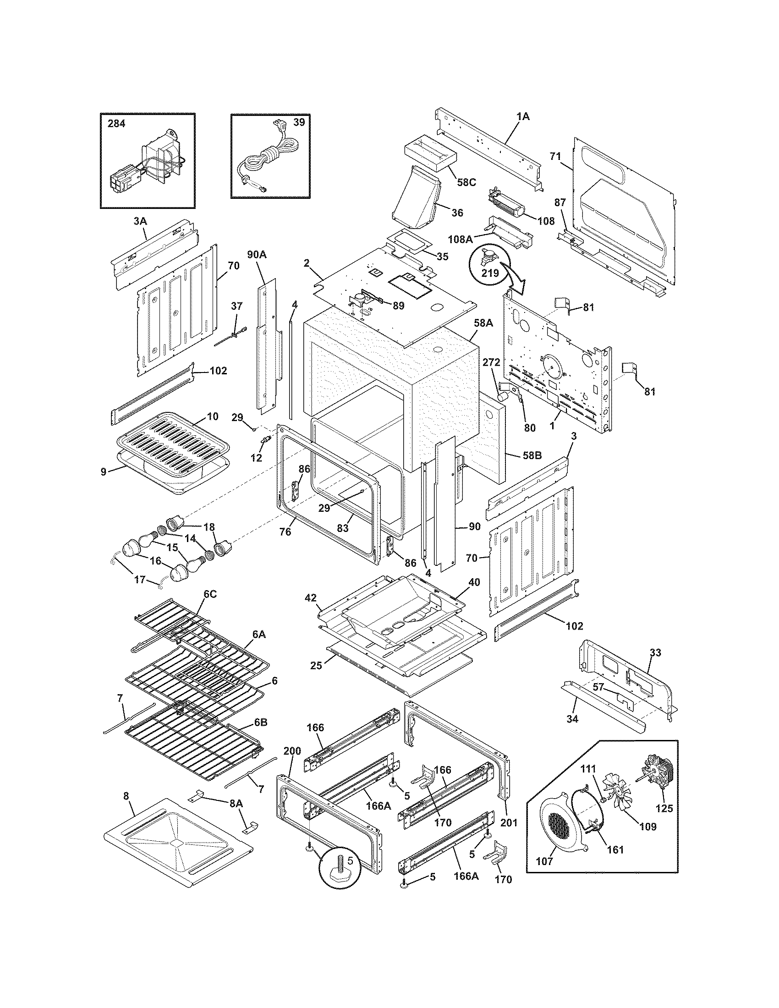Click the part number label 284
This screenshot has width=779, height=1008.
click(116, 124)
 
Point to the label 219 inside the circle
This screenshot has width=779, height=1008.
click(490, 273)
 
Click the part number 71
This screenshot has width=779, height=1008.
click(556, 156)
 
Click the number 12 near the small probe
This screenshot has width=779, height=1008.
click(256, 458)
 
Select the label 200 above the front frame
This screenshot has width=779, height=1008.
click(292, 751)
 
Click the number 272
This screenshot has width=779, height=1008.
click(492, 362)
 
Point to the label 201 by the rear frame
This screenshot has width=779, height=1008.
click(510, 823)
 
